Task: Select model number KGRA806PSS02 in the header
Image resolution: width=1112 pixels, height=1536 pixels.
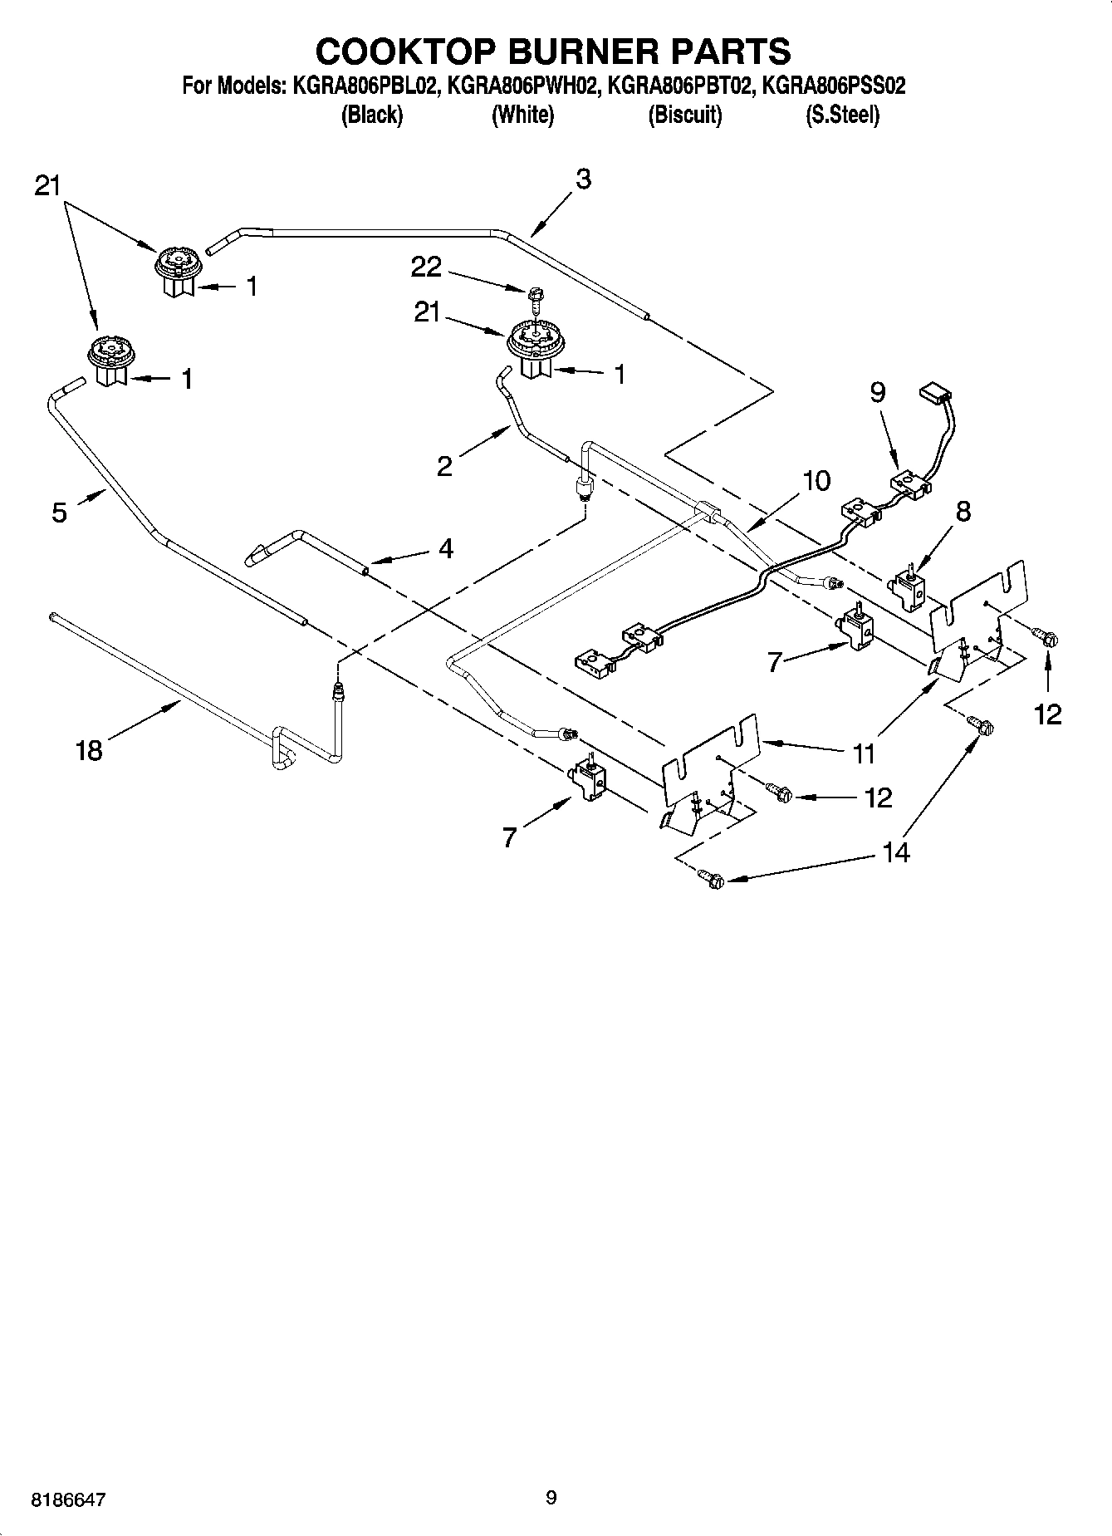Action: click(x=833, y=86)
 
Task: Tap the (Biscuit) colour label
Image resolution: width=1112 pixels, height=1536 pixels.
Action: click(x=684, y=115)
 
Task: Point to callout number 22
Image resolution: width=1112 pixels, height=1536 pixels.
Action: click(x=426, y=267)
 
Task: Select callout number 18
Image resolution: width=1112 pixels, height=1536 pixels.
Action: click(x=88, y=750)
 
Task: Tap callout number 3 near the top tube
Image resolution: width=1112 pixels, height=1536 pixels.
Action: click(x=583, y=179)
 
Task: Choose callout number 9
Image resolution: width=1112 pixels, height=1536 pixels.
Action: click(x=877, y=392)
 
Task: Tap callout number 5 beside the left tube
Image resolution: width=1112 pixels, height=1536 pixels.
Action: click(x=59, y=513)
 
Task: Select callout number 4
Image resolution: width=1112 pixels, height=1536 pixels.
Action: click(x=445, y=548)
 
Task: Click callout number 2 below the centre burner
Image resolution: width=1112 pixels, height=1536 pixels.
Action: click(x=445, y=466)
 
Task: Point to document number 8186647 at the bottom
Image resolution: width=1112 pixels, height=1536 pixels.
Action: click(x=67, y=1500)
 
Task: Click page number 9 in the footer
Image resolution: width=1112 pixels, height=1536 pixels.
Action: click(x=551, y=1499)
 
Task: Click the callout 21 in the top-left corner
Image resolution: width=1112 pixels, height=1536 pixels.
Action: click(x=48, y=186)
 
